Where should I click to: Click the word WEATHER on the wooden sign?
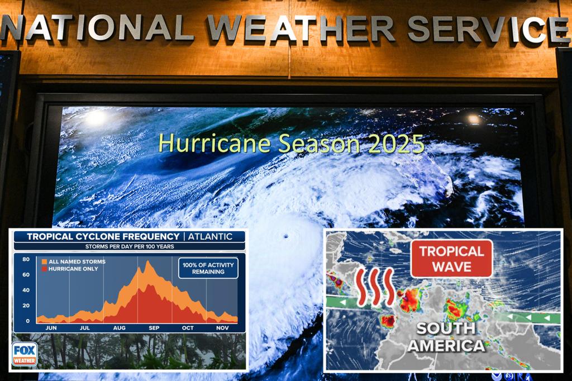pos(301,28)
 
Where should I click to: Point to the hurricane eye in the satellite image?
pos(285,236)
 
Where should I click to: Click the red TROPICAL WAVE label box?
pos(451,259)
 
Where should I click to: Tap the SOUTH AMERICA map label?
pos(446,337)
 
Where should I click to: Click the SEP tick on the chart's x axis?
pos(154,328)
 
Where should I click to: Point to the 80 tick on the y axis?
pos(26,259)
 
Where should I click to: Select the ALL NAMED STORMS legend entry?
pos(74,261)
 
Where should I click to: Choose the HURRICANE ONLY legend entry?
pos(70,269)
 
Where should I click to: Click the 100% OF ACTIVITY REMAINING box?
pos(208,268)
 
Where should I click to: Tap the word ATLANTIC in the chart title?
pos(210,236)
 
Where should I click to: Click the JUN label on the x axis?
pos(51,328)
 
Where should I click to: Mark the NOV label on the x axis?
pos(222,328)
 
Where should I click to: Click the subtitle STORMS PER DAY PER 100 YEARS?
pos(130,247)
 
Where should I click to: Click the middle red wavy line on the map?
pos(375,287)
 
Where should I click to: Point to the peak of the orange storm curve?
pos(148,261)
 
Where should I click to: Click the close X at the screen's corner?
pos(522,113)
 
